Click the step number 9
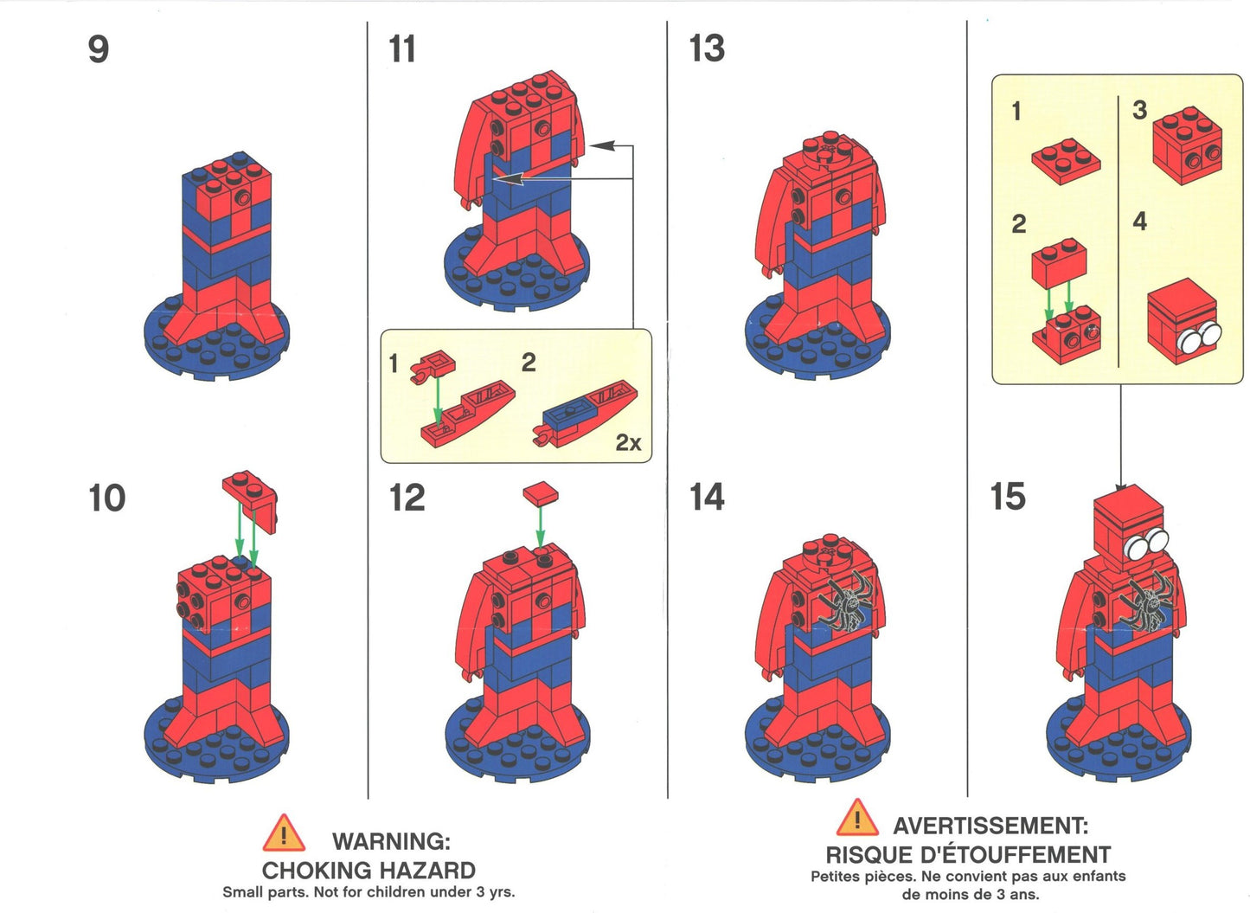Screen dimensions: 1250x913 tap(99, 49)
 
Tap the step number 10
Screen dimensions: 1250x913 tap(107, 498)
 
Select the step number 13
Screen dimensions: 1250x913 tap(707, 48)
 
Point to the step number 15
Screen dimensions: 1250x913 tap(1008, 497)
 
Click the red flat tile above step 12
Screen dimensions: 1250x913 tap(540, 493)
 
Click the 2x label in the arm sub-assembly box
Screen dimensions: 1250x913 tap(628, 442)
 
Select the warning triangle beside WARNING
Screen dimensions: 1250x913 tap(284, 833)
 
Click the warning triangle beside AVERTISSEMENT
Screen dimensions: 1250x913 tap(857, 818)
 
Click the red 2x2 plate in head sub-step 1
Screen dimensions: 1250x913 tap(1066, 161)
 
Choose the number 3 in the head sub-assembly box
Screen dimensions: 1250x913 tap(1139, 109)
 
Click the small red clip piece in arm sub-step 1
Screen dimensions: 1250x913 tap(432, 366)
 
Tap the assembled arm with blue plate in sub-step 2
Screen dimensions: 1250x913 tap(585, 414)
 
